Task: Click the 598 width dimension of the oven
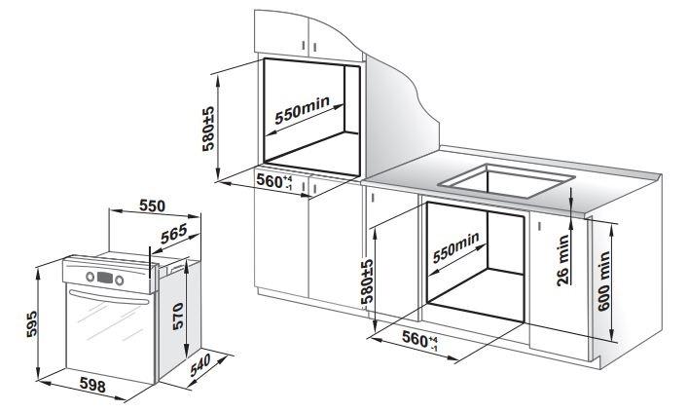click(92, 385)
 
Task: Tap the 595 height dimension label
click(31, 324)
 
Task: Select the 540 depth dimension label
click(200, 365)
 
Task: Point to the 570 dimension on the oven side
click(178, 317)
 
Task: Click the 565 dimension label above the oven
click(174, 234)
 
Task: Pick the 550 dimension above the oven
click(152, 206)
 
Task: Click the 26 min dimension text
click(562, 260)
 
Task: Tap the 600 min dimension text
click(604, 281)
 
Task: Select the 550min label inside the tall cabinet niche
click(302, 110)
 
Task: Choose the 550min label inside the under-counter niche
click(455, 247)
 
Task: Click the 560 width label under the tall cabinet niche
click(274, 181)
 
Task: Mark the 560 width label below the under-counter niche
click(420, 340)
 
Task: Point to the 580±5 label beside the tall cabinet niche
click(208, 129)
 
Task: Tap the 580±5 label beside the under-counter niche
click(367, 281)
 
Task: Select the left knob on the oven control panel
click(91, 277)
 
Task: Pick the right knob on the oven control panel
click(120, 281)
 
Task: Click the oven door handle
click(109, 297)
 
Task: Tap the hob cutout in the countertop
click(508, 180)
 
